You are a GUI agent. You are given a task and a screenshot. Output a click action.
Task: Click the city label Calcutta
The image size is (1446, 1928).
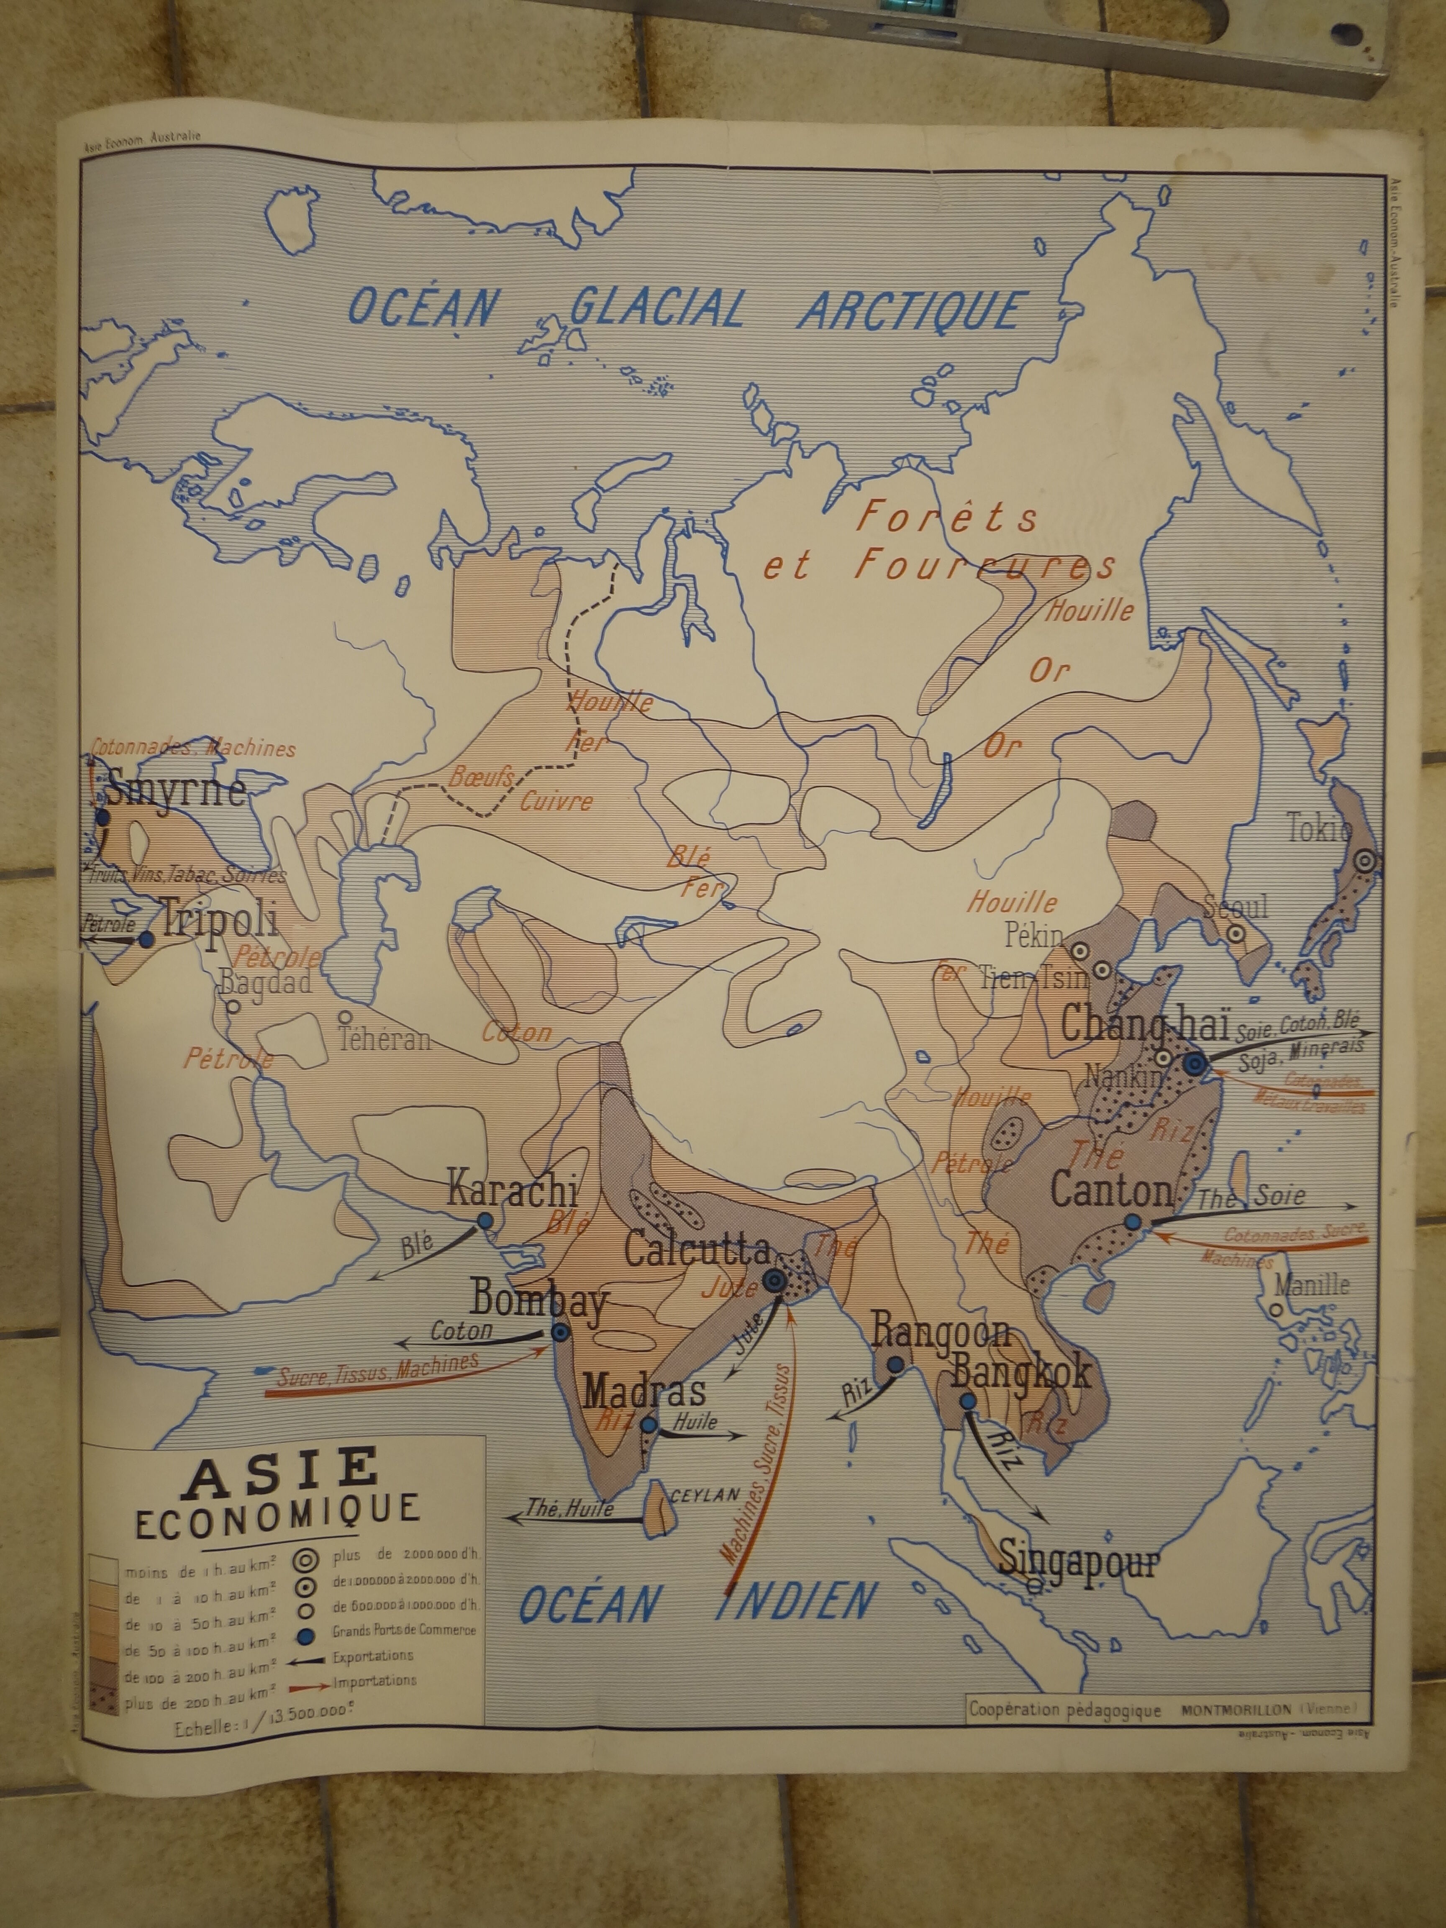pyautogui.click(x=697, y=1251)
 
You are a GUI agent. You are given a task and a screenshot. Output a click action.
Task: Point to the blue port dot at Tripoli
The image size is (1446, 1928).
pyautogui.click(x=146, y=940)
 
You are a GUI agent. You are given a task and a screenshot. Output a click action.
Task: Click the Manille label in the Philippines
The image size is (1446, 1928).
pyautogui.click(x=1311, y=1285)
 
